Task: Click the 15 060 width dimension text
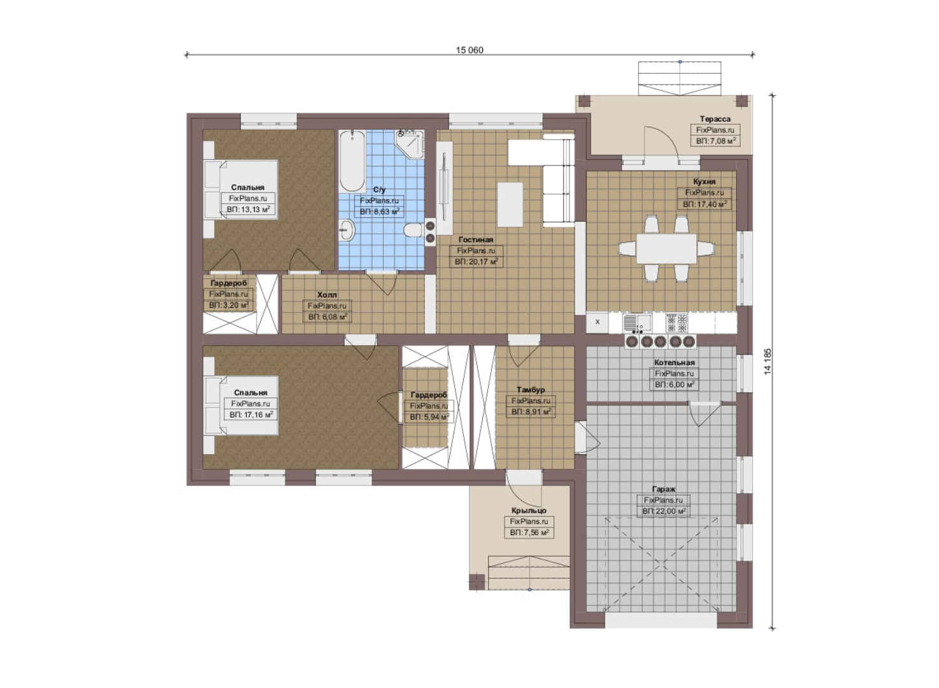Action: pos(470,50)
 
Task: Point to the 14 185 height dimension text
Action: pos(768,361)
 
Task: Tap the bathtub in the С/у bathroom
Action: pos(352,161)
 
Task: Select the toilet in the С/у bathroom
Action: pos(415,230)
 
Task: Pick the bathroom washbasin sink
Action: pos(348,230)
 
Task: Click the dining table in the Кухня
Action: pos(666,248)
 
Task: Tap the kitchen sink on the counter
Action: pos(637,323)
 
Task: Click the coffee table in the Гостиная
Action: pos(510,204)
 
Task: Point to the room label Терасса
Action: pos(715,119)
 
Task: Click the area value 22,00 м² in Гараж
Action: pos(664,512)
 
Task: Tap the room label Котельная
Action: pos(675,362)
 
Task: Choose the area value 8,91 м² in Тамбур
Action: pos(530,412)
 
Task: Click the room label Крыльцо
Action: pos(529,511)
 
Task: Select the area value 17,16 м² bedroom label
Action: pos(251,415)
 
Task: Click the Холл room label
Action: pos(327,295)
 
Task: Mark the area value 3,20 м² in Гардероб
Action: pos(229,305)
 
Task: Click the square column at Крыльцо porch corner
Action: pos(477,582)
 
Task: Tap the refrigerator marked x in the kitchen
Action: pos(598,322)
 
